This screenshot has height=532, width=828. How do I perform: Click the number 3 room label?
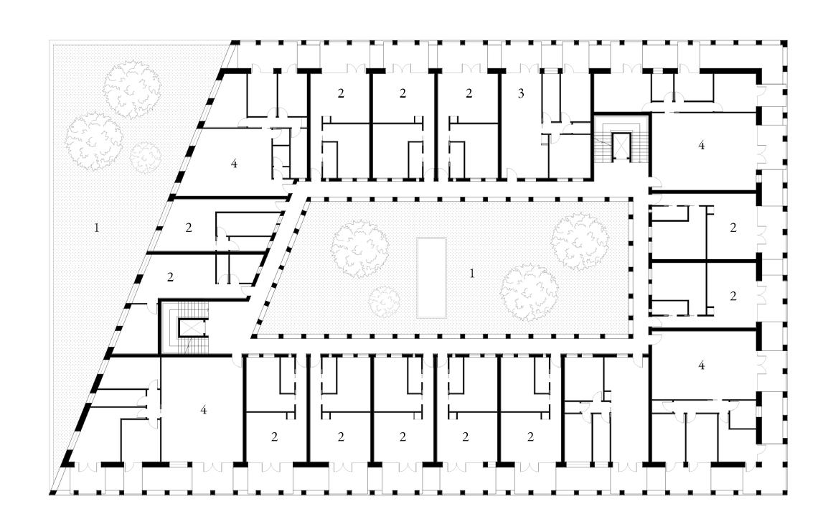tap(521, 93)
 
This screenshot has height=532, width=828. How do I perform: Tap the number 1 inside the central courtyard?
tap(472, 274)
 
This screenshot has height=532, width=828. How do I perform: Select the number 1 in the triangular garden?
tap(95, 228)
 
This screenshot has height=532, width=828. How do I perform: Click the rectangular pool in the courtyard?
tap(433, 278)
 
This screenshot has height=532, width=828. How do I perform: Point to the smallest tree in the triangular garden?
tap(146, 155)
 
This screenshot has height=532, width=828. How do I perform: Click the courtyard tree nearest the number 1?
tap(530, 291)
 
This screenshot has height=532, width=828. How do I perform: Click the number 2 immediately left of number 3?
tap(469, 93)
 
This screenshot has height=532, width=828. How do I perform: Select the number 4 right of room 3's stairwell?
tap(701, 146)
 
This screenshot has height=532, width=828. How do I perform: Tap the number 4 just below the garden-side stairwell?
tap(204, 410)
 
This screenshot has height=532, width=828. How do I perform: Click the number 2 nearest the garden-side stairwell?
tap(171, 276)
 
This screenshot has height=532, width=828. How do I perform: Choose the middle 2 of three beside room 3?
tap(403, 93)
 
